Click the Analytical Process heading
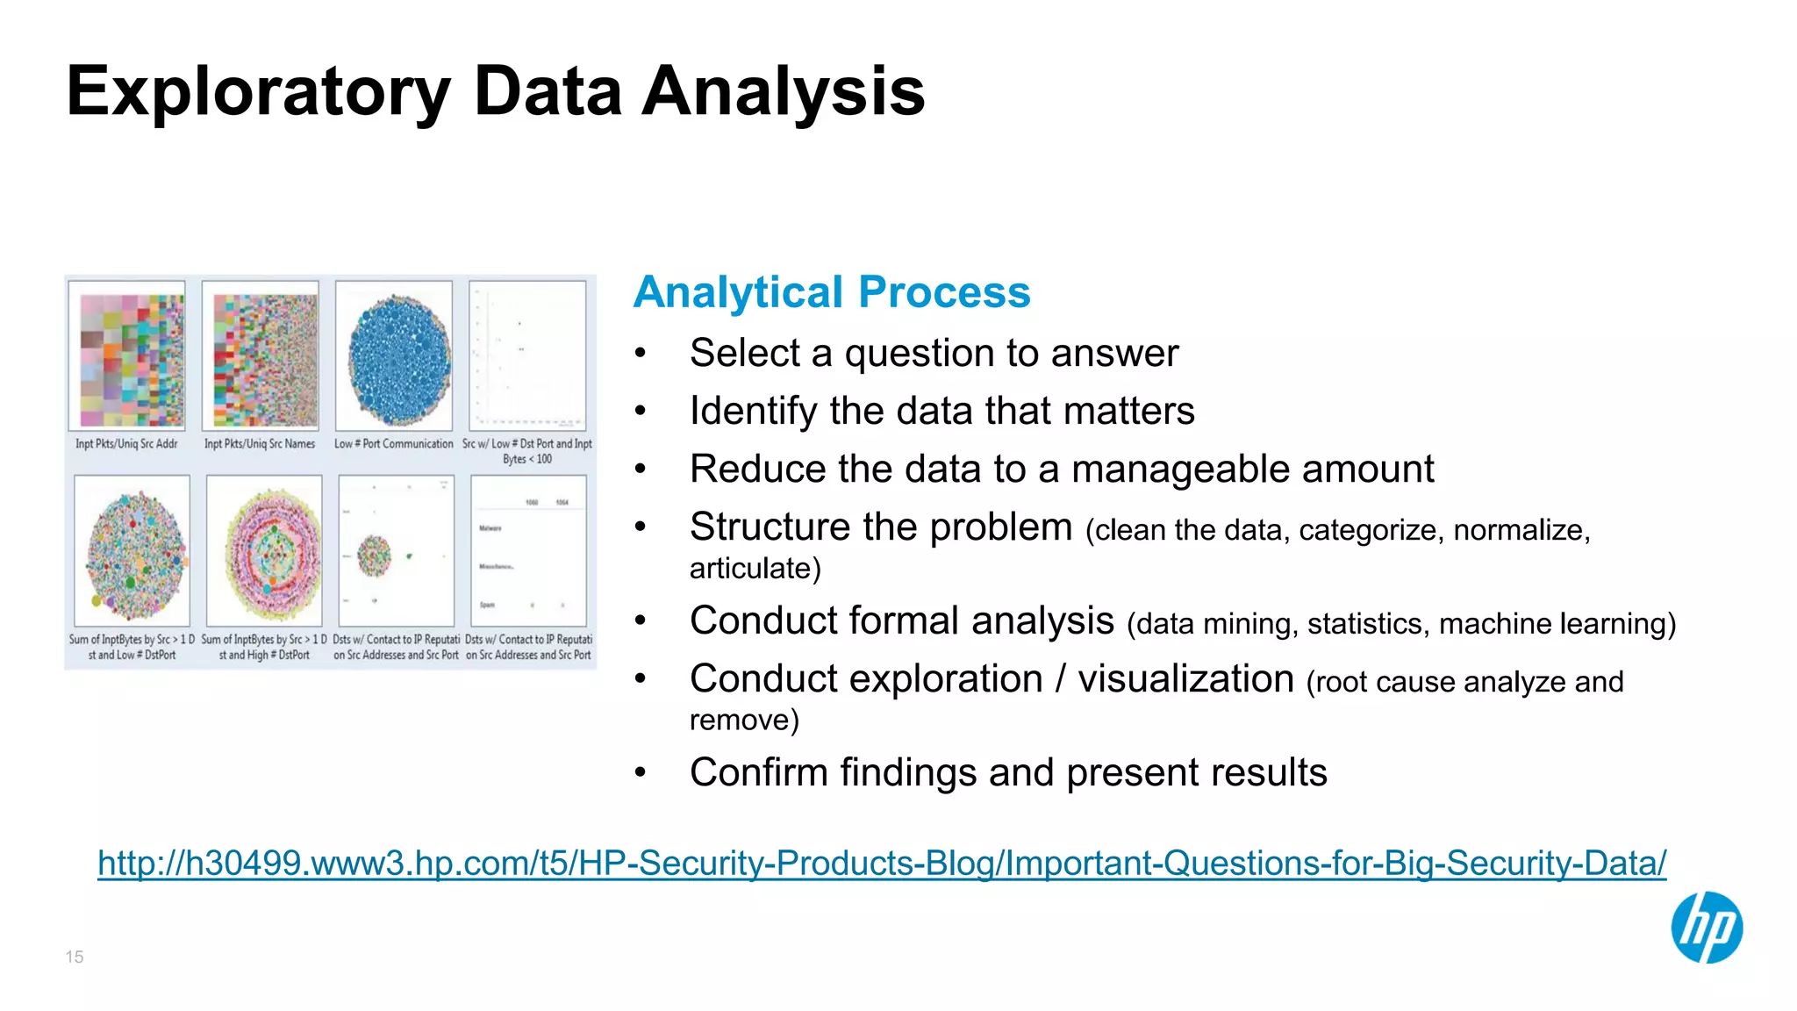tap(831, 292)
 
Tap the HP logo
tap(1706, 928)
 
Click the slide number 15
tap(75, 957)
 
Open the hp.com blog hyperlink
tap(881, 864)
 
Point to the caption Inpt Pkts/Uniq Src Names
tap(260, 444)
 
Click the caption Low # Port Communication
tap(394, 444)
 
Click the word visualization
tap(1185, 679)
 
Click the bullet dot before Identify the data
tap(641, 412)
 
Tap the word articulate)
tap(755, 569)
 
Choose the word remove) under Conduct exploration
tap(744, 721)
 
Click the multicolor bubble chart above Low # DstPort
tap(133, 551)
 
